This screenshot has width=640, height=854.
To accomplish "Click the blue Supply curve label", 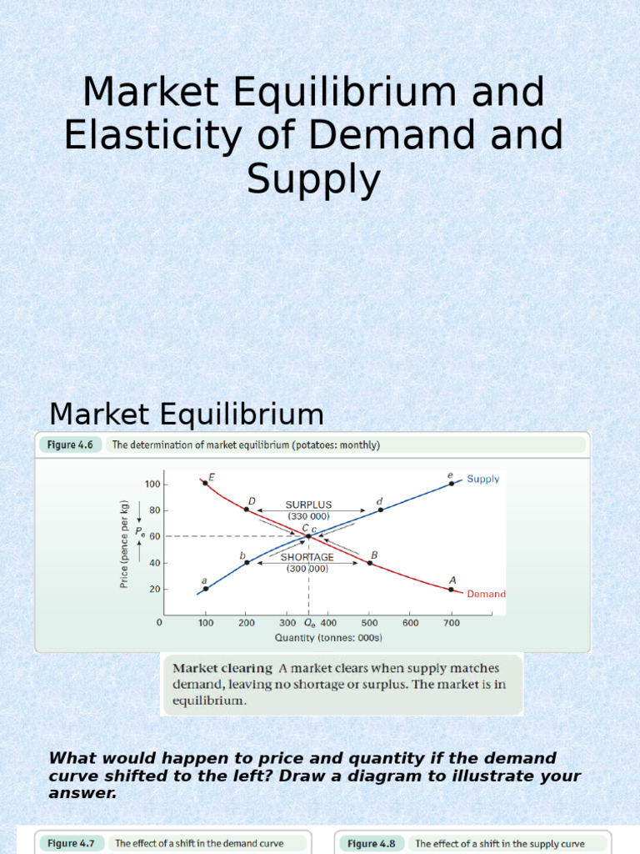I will (482, 479).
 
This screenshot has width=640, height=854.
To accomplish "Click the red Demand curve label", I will (486, 595).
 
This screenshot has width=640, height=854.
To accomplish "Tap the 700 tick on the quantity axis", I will (452, 622).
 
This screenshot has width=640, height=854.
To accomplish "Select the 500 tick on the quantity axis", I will (369, 622).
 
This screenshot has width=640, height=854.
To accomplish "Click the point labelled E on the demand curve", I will (205, 483).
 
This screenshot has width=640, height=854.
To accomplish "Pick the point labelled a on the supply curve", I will (206, 589).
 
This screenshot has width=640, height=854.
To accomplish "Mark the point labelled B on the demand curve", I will (369, 563).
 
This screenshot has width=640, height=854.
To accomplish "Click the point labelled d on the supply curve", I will (381, 510).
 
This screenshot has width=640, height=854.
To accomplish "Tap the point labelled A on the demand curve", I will (452, 589).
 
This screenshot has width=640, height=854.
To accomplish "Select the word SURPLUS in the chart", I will (308, 505).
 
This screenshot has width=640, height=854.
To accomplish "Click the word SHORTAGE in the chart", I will (308, 557).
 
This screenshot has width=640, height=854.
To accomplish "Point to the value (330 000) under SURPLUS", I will (308, 516).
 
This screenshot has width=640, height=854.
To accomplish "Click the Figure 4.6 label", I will (73, 445).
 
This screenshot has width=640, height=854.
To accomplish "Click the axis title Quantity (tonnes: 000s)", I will (328, 638).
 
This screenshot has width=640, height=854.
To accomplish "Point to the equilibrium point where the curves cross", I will (309, 535).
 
